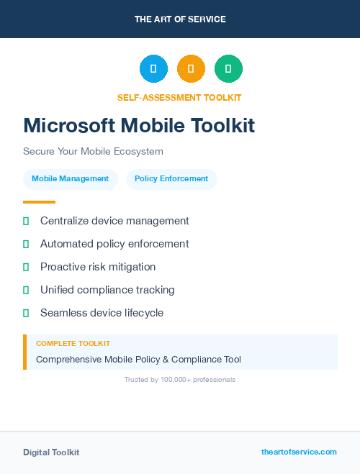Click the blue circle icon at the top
(x=153, y=68)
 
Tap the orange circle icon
(x=191, y=68)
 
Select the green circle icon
(x=228, y=68)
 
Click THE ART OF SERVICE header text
(x=180, y=19)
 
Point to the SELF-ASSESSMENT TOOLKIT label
(x=179, y=97)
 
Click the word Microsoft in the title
(x=69, y=126)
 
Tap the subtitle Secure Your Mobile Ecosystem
(x=93, y=152)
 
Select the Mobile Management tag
(x=71, y=178)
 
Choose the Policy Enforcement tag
(x=171, y=178)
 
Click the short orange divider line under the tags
(x=39, y=202)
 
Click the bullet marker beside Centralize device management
(x=26, y=221)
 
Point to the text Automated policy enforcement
(x=114, y=244)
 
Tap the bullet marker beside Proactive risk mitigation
(x=26, y=267)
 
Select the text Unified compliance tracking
(x=107, y=290)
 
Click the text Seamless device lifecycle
(x=102, y=313)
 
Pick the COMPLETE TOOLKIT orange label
(x=73, y=344)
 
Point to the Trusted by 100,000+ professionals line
(x=180, y=379)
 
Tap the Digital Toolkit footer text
(x=51, y=452)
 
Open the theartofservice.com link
(x=299, y=452)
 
